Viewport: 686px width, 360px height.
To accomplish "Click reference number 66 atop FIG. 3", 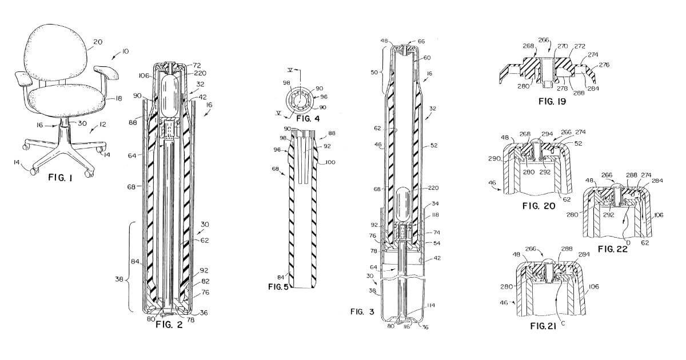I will coord(422,42).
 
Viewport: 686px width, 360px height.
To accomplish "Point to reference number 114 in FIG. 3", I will coord(429,306).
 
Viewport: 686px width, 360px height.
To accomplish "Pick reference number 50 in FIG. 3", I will coord(374,74).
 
